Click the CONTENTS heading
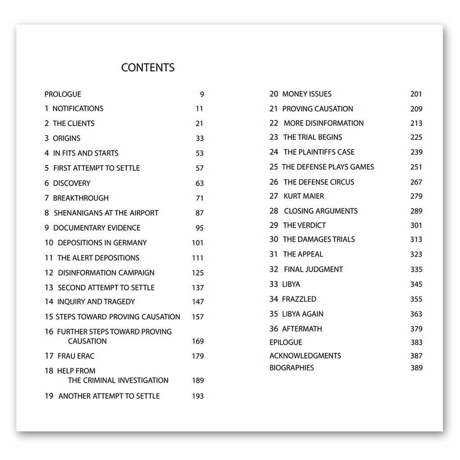coord(148,67)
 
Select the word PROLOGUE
coord(63,94)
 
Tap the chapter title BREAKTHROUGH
coord(81,198)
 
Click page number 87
coord(199,213)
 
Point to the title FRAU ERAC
coord(76,356)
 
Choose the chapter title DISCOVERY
coord(72,183)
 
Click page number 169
coord(198,341)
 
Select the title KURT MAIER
coord(304,196)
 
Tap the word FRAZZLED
coord(299,299)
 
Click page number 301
coord(416,226)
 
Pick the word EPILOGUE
coord(286,342)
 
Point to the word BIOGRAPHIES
coord(292,368)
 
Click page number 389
coord(416,368)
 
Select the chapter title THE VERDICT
coord(305,226)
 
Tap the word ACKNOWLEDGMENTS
coord(305,356)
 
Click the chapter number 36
coord(274,329)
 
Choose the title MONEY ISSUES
coord(307,94)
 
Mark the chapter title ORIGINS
coord(66,138)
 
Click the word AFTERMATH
coord(302,329)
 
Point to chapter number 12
coord(49,273)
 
